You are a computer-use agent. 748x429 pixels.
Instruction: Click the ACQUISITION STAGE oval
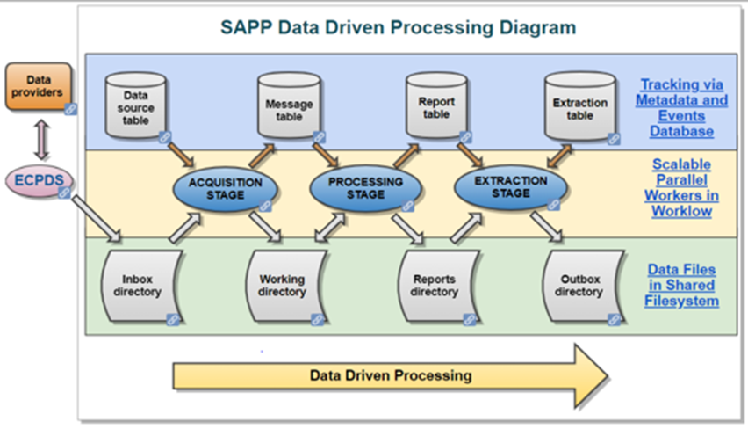[x=227, y=188]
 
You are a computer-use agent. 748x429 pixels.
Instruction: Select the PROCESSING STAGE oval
[x=365, y=188]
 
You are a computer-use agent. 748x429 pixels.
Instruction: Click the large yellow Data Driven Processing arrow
[x=390, y=375]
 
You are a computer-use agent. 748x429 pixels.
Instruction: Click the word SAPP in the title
[x=248, y=27]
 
